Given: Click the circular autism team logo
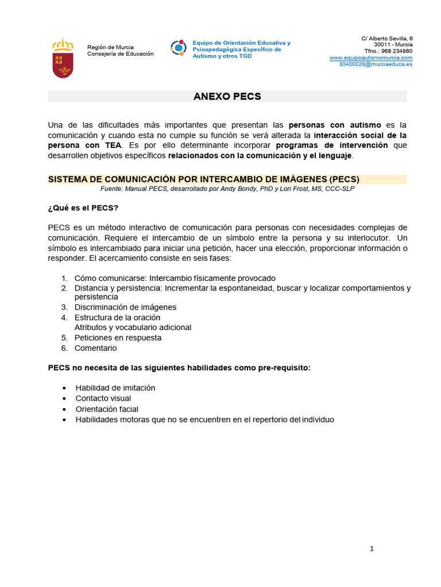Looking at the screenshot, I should pyautogui.click(x=179, y=48).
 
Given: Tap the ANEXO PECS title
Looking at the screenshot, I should pyautogui.click(x=227, y=96).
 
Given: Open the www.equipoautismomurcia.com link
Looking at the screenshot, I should pyautogui.click(x=371, y=58).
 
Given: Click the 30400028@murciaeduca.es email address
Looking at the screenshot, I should pyautogui.click(x=376, y=64).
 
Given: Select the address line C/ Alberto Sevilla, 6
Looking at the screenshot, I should pyautogui.click(x=386, y=38).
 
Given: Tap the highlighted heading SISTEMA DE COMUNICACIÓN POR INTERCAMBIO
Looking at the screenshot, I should pyautogui.click(x=203, y=179).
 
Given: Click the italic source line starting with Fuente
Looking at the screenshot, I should pyautogui.click(x=227, y=189).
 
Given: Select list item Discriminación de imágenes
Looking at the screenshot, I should pyautogui.click(x=125, y=307).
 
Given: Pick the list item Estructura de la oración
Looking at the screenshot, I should pyautogui.click(x=117, y=318).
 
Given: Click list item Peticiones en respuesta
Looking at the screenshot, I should pyautogui.click(x=118, y=338).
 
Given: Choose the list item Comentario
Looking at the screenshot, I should pyautogui.click(x=95, y=348).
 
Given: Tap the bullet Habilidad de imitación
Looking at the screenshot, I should pyautogui.click(x=115, y=388).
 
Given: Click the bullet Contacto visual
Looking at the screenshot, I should pyautogui.click(x=103, y=398).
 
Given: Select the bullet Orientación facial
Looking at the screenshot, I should pyautogui.click(x=107, y=409).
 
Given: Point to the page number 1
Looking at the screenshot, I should pyautogui.click(x=372, y=549).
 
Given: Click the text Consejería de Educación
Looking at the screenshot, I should pyautogui.click(x=120, y=54).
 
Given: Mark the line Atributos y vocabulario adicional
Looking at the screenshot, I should pyautogui.click(x=133, y=327).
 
